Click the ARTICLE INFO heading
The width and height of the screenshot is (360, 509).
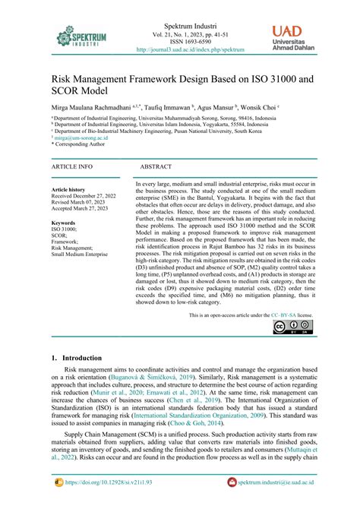point(72,166)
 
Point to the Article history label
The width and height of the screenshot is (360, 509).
point(68,189)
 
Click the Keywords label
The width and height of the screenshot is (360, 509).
point(65,223)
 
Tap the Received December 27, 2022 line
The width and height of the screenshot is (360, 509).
point(83,196)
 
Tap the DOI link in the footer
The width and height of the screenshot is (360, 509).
point(106,482)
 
